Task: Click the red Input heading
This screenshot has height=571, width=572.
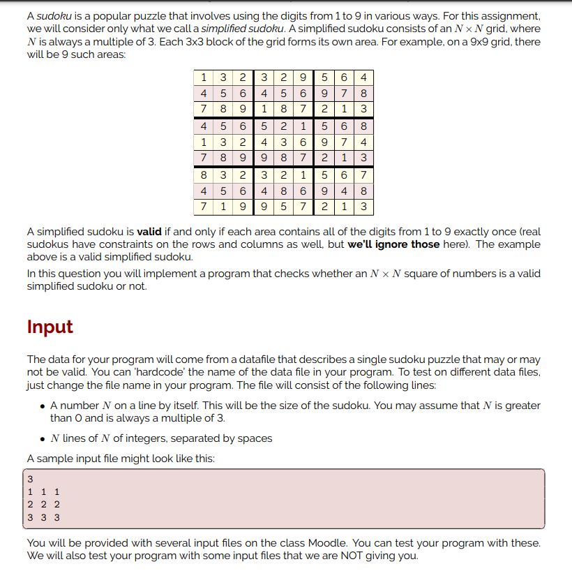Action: click(50, 327)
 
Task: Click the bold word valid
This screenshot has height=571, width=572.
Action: click(150, 232)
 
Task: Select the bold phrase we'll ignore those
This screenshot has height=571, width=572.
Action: click(393, 244)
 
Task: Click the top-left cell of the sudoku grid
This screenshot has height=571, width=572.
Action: click(202, 77)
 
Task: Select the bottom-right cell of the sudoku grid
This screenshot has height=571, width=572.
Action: click(364, 207)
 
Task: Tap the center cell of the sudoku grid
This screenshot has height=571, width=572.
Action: click(283, 142)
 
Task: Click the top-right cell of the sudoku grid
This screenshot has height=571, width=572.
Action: click(364, 77)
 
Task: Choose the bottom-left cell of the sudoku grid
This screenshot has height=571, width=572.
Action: click(202, 207)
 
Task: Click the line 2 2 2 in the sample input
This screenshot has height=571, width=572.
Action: click(43, 505)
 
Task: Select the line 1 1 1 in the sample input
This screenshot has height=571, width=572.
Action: click(43, 492)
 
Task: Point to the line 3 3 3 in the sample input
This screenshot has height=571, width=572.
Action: click(43, 518)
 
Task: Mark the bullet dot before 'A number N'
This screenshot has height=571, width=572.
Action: click(43, 406)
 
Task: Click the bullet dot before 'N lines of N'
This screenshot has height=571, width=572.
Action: click(43, 439)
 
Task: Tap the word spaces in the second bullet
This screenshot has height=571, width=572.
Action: click(255, 438)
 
